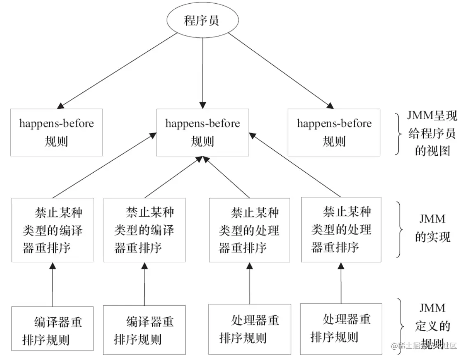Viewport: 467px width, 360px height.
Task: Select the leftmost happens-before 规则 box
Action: pos(57,132)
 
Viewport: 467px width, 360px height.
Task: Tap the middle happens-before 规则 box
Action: pos(203,132)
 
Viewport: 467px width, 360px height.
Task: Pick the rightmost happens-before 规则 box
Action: pos(334,132)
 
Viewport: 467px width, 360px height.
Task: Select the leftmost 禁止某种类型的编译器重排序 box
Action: pos(53,230)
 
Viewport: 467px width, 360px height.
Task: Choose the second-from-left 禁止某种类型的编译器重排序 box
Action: pos(144,230)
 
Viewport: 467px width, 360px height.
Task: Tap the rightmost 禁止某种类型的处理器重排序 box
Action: pos(342,230)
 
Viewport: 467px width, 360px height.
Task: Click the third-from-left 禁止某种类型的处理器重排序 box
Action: pos(250,230)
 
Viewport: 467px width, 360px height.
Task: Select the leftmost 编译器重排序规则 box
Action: pos(53,330)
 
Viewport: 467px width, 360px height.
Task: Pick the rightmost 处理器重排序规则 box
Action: pos(341,329)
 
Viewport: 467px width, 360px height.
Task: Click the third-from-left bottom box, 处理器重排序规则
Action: pos(250,329)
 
